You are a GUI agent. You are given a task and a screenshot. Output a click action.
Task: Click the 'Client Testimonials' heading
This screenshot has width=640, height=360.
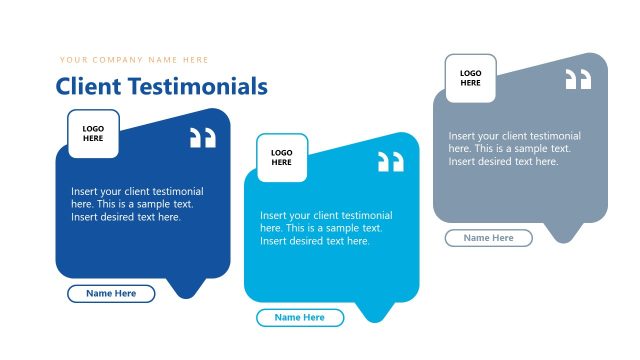pyautogui.click(x=162, y=86)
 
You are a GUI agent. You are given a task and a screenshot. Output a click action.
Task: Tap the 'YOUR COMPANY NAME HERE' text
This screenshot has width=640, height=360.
pyautogui.click(x=134, y=60)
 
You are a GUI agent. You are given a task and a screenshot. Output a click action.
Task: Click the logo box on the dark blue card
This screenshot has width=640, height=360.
pyautogui.click(x=93, y=134)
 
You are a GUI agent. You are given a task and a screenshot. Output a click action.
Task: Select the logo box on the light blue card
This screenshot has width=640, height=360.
pyautogui.click(x=282, y=157)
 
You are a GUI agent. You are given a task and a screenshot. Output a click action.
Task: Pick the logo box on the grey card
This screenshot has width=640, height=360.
pyautogui.click(x=470, y=78)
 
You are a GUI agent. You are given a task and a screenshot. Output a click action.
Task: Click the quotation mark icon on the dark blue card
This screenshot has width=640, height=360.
pyautogui.click(x=203, y=138)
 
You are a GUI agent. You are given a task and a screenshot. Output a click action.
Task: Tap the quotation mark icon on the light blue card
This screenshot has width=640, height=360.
pyautogui.click(x=391, y=162)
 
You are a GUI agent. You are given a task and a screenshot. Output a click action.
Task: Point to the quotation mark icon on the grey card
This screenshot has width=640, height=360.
pyautogui.click(x=578, y=80)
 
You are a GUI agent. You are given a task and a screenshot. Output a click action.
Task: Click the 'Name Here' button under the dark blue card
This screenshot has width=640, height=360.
pyautogui.click(x=111, y=293)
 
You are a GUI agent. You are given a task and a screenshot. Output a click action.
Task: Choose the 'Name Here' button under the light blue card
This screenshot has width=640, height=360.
pyautogui.click(x=300, y=317)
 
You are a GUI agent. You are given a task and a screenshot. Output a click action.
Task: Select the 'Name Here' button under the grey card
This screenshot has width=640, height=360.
pyautogui.click(x=489, y=238)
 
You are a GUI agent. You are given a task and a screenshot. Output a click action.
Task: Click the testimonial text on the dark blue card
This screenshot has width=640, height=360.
pyautogui.click(x=137, y=204)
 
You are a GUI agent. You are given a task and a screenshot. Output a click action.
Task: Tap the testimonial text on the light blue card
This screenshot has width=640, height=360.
pyautogui.click(x=326, y=228)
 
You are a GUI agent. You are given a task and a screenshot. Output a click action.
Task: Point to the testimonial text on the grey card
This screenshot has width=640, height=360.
pyautogui.click(x=514, y=148)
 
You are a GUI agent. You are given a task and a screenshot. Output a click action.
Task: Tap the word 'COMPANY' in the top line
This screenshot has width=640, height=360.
pyautogui.click(x=117, y=60)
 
